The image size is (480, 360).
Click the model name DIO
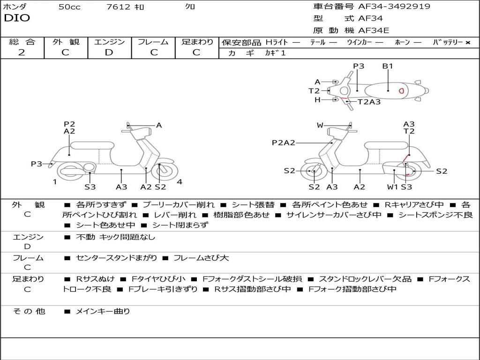click(17, 18)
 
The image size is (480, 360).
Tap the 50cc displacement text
click(69, 7)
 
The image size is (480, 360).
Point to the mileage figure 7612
click(118, 7)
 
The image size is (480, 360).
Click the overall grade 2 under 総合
click(22, 52)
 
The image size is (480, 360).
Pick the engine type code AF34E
click(374, 31)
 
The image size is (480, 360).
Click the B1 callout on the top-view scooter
click(388, 66)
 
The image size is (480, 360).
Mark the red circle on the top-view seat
click(401, 90)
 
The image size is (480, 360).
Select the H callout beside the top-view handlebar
click(317, 100)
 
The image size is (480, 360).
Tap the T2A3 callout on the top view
click(369, 102)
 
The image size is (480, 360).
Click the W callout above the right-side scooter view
click(320, 125)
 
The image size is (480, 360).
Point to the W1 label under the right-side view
click(393, 187)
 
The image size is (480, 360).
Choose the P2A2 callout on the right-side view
click(283, 143)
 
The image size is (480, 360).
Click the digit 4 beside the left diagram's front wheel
click(180, 182)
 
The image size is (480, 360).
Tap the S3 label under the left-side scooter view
click(90, 187)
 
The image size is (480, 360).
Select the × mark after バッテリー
click(467, 43)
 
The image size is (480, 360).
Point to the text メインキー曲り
click(103, 311)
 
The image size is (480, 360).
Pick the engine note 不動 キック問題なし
click(115, 237)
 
